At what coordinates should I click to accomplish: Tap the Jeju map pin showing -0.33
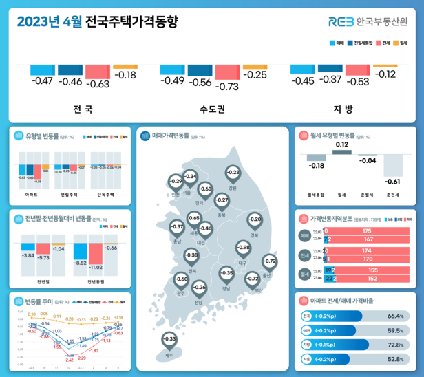[x=169, y=339]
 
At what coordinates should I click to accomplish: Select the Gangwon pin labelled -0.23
[x=233, y=172]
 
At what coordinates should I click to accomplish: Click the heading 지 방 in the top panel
[x=342, y=109]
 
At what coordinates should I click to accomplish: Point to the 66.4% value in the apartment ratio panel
[x=395, y=316]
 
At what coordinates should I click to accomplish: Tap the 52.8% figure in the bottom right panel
[x=395, y=359]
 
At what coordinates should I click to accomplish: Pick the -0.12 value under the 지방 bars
[x=387, y=74]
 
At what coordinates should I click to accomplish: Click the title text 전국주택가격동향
[x=131, y=21]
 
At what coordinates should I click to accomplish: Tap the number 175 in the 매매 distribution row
[x=366, y=231]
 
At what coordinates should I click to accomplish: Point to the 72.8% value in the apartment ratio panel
[x=395, y=345]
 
